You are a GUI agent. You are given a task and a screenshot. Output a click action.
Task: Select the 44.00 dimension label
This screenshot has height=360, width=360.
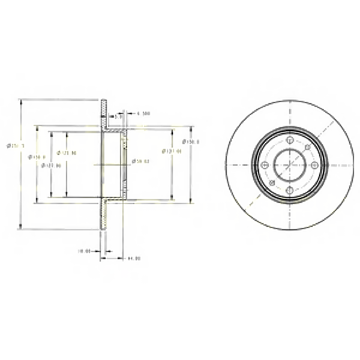pyautogui.click(x=133, y=259)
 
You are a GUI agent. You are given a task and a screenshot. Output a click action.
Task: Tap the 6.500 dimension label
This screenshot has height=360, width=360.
pyautogui.click(x=143, y=113)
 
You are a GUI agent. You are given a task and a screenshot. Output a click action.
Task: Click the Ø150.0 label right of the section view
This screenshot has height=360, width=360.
pyautogui.click(x=191, y=142)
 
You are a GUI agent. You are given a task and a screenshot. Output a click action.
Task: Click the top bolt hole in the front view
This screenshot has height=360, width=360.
pyautogui.click(x=289, y=140)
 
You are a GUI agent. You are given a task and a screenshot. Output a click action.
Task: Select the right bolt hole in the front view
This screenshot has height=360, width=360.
pyautogui.click(x=314, y=164)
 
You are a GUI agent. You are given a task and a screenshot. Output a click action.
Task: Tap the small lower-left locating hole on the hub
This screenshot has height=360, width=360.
pyautogui.click(x=272, y=182)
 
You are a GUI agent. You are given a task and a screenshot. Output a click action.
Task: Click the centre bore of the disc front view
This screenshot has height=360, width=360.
pyautogui.click(x=289, y=164)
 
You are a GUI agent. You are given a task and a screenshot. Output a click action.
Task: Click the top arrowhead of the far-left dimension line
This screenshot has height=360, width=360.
pyautogui.click(x=22, y=102)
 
